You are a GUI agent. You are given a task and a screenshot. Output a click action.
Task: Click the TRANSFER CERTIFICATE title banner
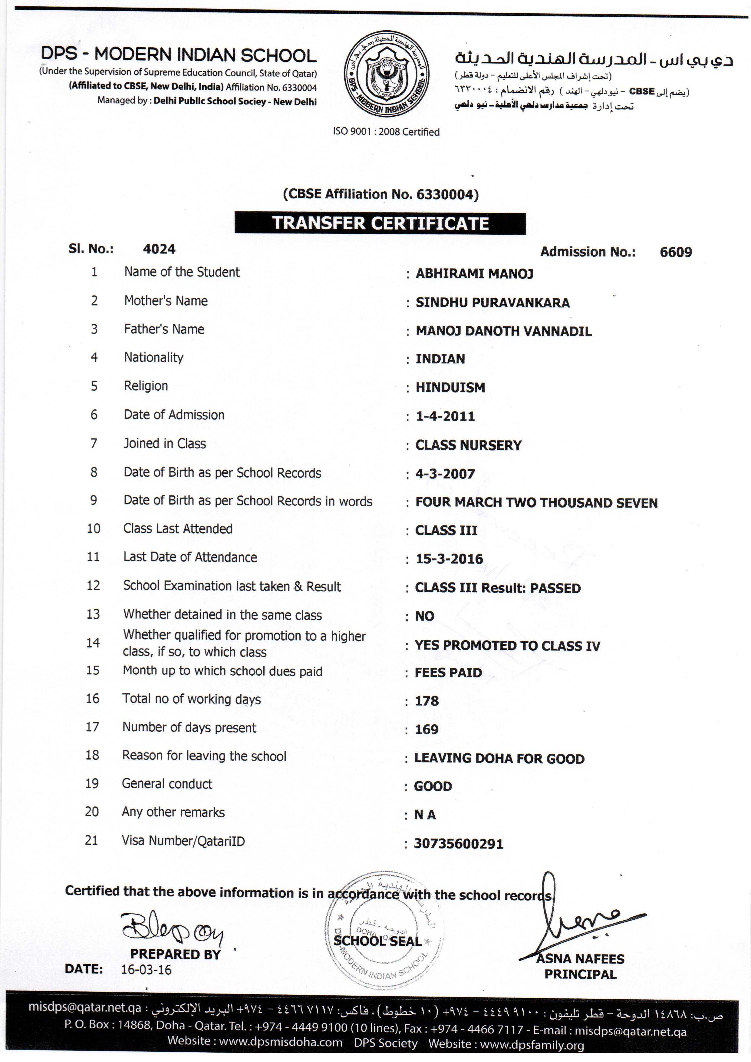point(380,223)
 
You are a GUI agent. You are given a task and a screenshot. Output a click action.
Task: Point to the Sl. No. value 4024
point(159,249)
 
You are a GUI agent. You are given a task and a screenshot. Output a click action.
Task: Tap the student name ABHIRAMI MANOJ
point(474,274)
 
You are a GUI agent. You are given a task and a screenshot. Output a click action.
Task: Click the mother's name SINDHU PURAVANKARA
point(492,303)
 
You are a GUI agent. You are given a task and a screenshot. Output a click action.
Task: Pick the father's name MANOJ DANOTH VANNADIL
point(504,331)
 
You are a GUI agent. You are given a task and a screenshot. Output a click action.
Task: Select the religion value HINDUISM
point(450,388)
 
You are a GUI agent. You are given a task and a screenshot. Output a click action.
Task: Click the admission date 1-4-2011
point(445,416)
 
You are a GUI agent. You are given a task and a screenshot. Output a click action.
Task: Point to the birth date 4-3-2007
point(445,474)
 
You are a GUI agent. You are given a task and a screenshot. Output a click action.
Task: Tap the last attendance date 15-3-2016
point(449,559)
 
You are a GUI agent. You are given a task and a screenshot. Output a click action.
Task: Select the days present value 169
point(427,730)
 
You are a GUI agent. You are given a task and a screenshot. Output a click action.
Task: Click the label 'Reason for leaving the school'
point(204,756)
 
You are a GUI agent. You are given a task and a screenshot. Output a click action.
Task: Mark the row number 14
point(93,643)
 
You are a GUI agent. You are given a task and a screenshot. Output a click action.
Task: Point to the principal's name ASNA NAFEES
point(580,959)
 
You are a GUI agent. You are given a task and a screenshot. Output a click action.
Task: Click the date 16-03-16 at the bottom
point(146,970)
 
